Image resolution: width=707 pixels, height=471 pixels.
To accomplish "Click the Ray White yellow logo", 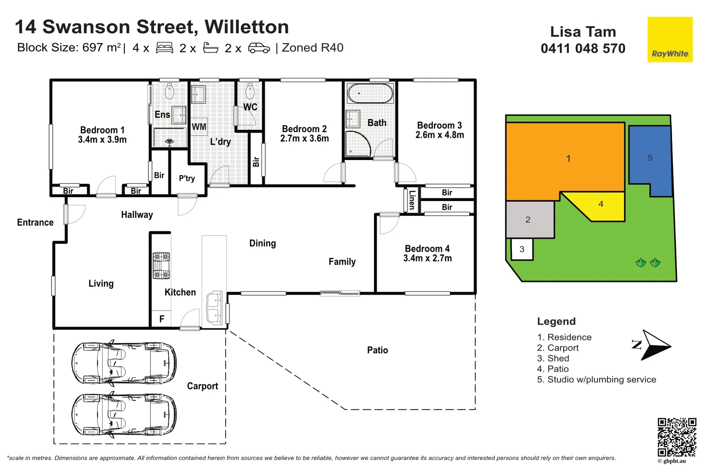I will (669, 40).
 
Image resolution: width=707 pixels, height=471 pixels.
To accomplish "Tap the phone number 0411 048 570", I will (583, 48).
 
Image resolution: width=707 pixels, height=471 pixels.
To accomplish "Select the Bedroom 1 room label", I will (102, 130).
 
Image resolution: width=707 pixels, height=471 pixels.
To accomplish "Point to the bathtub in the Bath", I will (370, 93).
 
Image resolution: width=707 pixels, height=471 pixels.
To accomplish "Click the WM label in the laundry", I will (199, 127).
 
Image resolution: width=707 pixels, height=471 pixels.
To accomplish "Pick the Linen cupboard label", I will (412, 200).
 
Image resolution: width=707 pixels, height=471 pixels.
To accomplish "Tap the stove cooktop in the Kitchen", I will (161, 265).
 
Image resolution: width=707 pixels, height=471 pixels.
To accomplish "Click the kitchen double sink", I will (214, 308).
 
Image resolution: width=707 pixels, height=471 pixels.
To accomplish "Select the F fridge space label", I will (162, 319).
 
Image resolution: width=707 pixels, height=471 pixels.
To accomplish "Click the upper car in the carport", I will (124, 363).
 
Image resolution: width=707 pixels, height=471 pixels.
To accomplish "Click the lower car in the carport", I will (124, 415).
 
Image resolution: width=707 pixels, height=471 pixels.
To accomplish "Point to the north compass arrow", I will (653, 345).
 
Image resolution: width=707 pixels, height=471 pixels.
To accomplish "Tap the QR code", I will (676, 437).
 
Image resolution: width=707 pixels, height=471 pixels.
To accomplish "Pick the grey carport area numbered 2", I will (529, 219).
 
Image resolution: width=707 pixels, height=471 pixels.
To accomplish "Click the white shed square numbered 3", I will (522, 249).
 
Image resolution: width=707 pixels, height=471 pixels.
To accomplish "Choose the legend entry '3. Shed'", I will (553, 358).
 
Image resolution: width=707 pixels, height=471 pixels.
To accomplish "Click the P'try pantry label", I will (187, 178).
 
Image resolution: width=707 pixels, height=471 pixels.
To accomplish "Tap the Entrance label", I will (35, 222).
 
